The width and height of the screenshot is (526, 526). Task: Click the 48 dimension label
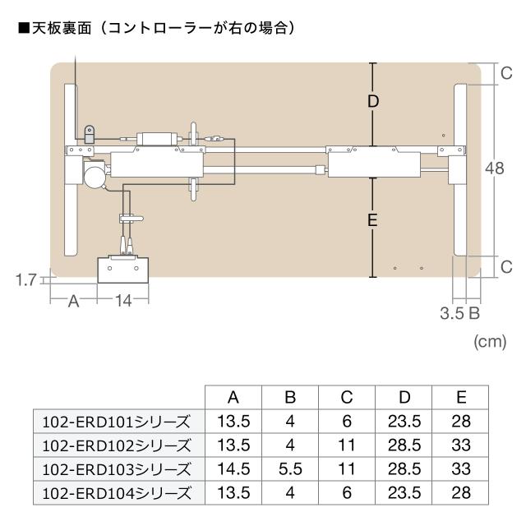pos(495,168)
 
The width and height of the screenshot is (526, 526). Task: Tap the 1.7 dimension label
pos(25,279)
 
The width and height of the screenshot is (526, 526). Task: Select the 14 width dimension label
pos(123,301)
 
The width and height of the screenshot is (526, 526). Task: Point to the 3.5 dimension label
pos(451,313)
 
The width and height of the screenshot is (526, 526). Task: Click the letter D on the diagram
pos(373,101)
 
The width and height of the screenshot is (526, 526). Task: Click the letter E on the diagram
pos(372,220)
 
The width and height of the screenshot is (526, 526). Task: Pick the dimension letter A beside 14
pos(73,302)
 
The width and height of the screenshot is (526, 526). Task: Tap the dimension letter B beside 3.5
pos(474,313)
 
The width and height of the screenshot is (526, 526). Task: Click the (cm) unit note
pos(490,342)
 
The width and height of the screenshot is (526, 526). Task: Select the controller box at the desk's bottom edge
pos(122,270)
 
